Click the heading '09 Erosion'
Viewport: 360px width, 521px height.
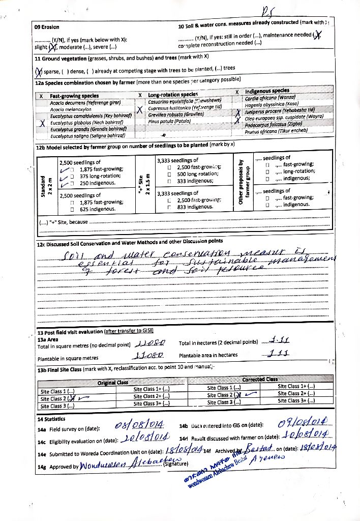click(47, 27)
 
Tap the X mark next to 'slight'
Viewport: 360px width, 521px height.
click(52, 48)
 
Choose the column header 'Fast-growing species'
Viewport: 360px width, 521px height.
click(74, 96)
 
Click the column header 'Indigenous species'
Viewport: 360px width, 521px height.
click(267, 91)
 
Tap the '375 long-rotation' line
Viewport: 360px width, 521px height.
click(94, 176)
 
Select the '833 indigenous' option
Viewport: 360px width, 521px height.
click(194, 207)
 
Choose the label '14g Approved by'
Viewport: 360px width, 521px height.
click(57, 466)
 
